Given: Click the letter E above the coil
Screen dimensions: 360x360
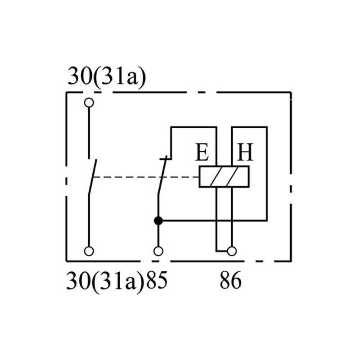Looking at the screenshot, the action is click(x=202, y=152).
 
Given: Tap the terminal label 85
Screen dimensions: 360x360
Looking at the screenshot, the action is click(x=157, y=280).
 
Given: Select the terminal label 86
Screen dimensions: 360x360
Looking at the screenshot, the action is click(x=231, y=280).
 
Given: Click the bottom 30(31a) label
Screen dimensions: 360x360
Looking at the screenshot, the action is click(x=105, y=282).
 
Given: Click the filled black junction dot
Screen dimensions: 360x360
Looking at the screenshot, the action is click(x=158, y=221).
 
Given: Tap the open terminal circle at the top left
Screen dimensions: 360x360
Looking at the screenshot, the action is click(x=89, y=103).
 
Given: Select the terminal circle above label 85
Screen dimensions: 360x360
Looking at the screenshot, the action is click(x=158, y=251).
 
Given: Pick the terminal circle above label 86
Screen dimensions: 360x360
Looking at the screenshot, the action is click(x=232, y=251).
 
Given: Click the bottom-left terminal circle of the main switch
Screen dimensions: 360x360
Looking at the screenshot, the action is click(x=89, y=251).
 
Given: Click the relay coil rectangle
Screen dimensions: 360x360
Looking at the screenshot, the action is click(x=199, y=176).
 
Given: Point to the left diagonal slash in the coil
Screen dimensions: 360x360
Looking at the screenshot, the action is click(x=217, y=176).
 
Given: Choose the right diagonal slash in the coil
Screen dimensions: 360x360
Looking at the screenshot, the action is click(x=233, y=176).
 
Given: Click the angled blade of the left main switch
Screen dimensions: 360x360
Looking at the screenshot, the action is click(x=93, y=177).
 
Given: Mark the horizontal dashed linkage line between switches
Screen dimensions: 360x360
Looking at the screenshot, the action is click(x=146, y=177).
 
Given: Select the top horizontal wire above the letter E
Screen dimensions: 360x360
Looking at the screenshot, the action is click(x=193, y=127).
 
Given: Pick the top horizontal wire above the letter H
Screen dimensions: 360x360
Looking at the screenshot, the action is click(x=250, y=127).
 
